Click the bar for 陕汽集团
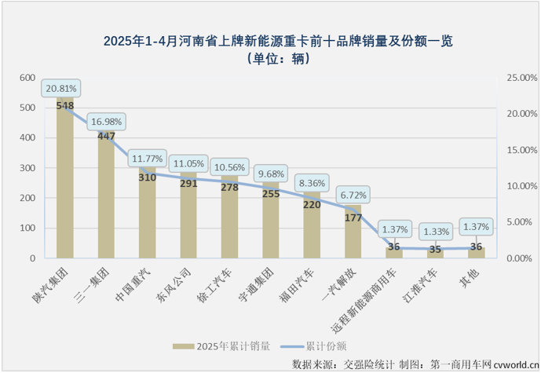[65, 188]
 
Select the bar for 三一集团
[106, 204]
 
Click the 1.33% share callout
[435, 231]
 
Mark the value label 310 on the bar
[148, 177]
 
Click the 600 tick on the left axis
[28, 78]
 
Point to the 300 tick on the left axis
[28, 168]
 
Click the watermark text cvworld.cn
[515, 364]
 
